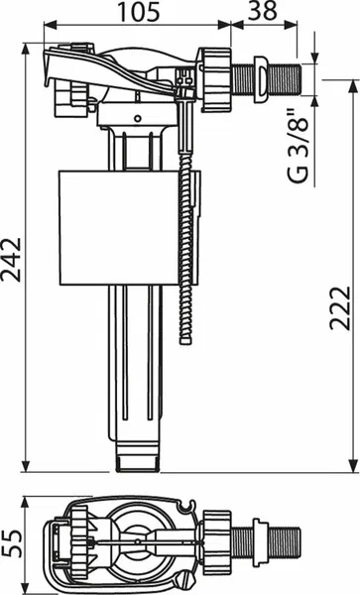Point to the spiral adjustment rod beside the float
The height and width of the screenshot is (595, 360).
pyautogui.click(x=184, y=258)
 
